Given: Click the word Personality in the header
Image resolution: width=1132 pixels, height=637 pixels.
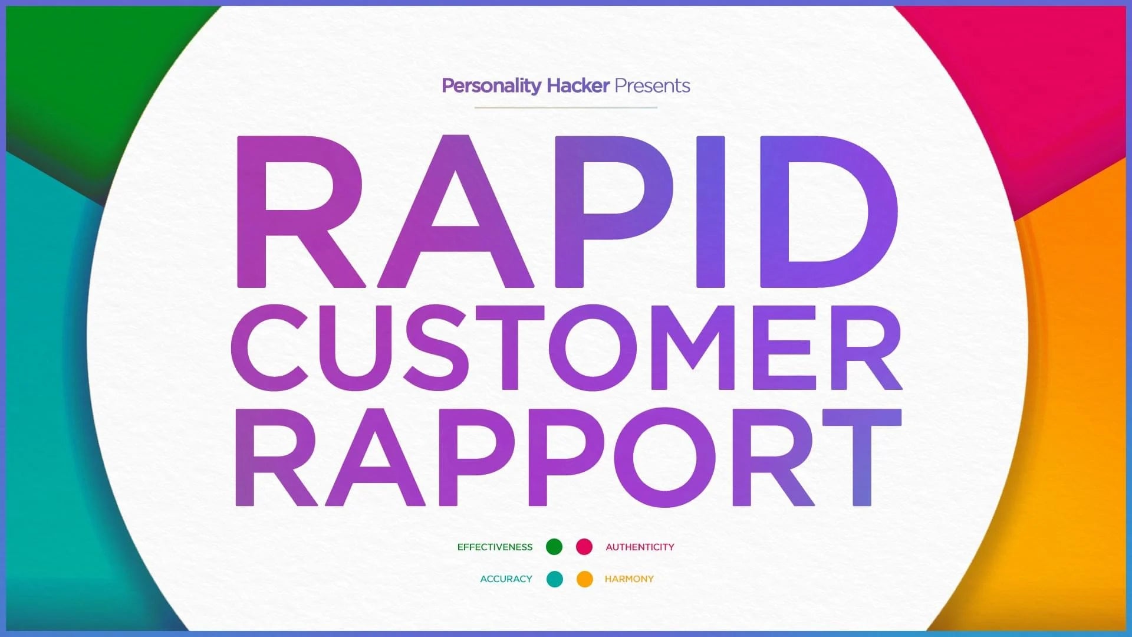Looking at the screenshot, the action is point(491,87).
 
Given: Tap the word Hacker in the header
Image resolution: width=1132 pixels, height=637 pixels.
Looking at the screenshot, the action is point(578,86).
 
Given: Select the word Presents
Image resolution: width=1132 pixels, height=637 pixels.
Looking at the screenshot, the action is point(652,86).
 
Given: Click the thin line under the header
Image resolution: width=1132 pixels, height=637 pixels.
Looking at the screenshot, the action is point(566,107).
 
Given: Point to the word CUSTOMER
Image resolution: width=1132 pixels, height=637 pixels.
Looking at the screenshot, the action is point(566,348).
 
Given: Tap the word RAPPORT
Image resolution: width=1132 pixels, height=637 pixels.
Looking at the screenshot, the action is point(568,458).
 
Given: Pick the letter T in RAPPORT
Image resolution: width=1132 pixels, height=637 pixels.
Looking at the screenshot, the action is point(862,458).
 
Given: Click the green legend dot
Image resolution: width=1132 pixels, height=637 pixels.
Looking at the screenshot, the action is point(554,547).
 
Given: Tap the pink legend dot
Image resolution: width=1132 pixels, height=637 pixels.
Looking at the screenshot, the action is point(584,547).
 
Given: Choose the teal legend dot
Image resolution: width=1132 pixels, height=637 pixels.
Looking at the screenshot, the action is point(555,579).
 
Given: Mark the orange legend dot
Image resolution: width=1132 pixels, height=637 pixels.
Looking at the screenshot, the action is point(585,579).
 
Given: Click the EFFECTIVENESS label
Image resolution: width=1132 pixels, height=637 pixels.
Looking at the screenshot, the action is point(495,547).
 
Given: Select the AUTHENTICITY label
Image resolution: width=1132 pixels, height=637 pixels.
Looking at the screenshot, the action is point(640,547).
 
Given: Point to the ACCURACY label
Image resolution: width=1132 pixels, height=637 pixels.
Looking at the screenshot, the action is point(506,579).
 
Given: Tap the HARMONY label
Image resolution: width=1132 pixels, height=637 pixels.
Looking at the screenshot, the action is point(629,579).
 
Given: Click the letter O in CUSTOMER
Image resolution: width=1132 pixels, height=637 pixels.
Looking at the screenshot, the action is point(593,348).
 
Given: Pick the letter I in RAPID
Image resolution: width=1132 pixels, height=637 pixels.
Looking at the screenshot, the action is point(710,212).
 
